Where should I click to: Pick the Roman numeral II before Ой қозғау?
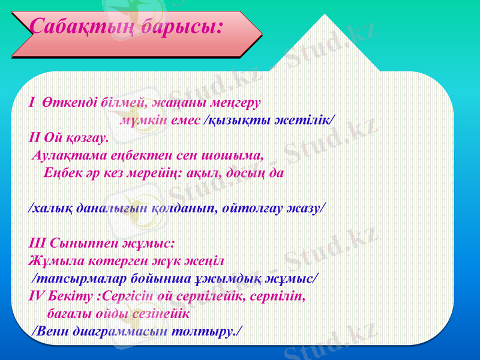coord(34,137)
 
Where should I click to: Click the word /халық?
coord(49,208)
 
